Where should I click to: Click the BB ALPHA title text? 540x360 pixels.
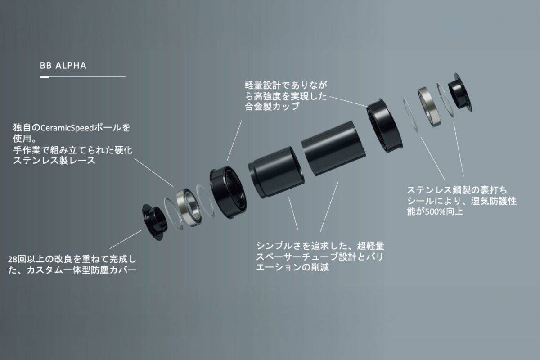tap(63, 66)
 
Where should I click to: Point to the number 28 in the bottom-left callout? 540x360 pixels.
tap(13, 260)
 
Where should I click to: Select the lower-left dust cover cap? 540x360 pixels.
tap(154, 222)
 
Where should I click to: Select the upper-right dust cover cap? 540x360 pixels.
tap(460, 92)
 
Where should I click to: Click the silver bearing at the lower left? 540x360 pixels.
tap(188, 207)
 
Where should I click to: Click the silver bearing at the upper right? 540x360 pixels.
tap(429, 107)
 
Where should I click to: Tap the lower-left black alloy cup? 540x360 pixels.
tap(228, 192)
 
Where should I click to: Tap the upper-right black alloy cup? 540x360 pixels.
tap(384, 126)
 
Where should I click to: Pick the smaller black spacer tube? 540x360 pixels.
tap(276, 172)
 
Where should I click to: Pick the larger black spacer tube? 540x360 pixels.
tap(333, 148)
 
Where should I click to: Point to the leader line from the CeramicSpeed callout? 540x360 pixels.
tap(153, 172)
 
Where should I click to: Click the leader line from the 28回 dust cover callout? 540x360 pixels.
tap(126, 239)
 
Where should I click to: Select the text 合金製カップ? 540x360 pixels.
tap(272, 106)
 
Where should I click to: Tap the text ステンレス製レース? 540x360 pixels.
tap(54, 160)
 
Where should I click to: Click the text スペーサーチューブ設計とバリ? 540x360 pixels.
tap(319, 257)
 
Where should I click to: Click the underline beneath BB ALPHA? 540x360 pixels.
tap(83, 77)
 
